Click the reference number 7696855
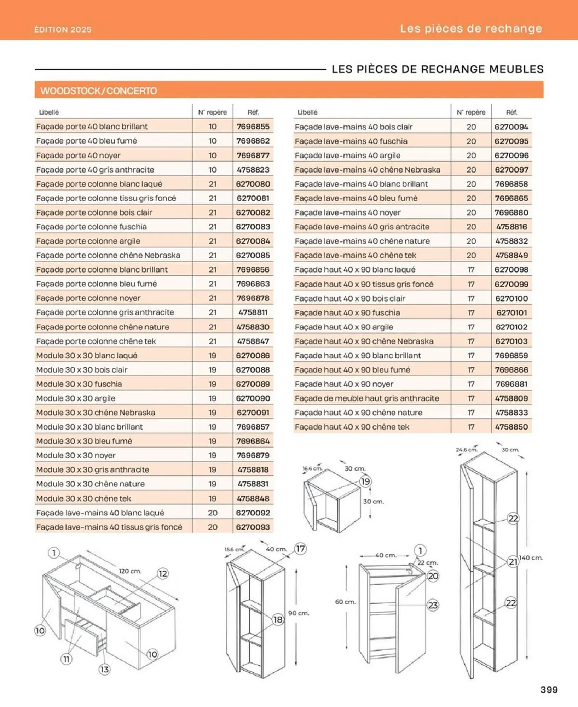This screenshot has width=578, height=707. [253, 127]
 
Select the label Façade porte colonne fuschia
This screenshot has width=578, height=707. [91, 227]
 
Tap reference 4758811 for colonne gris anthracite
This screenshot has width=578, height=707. [253, 312]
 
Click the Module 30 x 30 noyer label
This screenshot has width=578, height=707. [76, 455]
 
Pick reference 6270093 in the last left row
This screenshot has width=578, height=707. [253, 527]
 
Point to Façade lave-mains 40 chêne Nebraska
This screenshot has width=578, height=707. [368, 170]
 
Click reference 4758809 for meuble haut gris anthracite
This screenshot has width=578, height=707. [511, 398]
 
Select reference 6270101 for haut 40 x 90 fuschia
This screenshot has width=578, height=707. [511, 312]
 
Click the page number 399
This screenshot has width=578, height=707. [549, 689]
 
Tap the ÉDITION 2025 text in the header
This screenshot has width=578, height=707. [63, 29]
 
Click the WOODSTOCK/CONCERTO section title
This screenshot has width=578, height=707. [99, 91]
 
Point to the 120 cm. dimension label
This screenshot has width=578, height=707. [130, 571]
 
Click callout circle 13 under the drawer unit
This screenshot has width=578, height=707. [104, 669]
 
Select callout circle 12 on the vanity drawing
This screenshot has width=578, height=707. [162, 573]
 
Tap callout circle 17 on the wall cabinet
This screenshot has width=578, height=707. [300, 549]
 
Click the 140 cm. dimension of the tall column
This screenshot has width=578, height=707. [530, 557]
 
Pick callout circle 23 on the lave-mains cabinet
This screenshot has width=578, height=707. [433, 605]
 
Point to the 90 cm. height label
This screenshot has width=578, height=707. [299, 613]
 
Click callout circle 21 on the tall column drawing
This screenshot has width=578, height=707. [513, 561]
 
